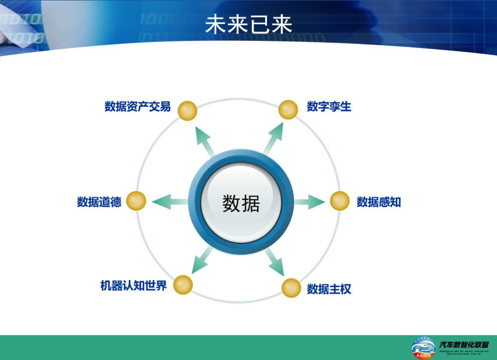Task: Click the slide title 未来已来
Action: pyautogui.click(x=248, y=24)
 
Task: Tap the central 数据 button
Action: pyautogui.click(x=241, y=203)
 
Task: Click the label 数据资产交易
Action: pyautogui.click(x=137, y=107)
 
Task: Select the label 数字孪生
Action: pyautogui.click(x=329, y=107)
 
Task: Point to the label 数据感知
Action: pyautogui.click(x=379, y=202)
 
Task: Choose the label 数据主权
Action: pyautogui.click(x=329, y=289)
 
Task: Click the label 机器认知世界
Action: pyautogui.click(x=133, y=285)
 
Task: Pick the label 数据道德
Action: pyautogui.click(x=99, y=202)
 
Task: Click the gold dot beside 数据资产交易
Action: pyautogui.click(x=187, y=111)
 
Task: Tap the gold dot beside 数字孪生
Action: pyautogui.click(x=289, y=110)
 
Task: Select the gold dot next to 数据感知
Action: pyautogui.click(x=340, y=201)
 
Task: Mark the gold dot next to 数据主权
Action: pyautogui.click(x=291, y=288)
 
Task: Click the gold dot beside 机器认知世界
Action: pyautogui.click(x=183, y=285)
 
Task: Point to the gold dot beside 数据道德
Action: pyautogui.click(x=136, y=201)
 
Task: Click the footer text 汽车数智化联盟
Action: pyautogui.click(x=463, y=344)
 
